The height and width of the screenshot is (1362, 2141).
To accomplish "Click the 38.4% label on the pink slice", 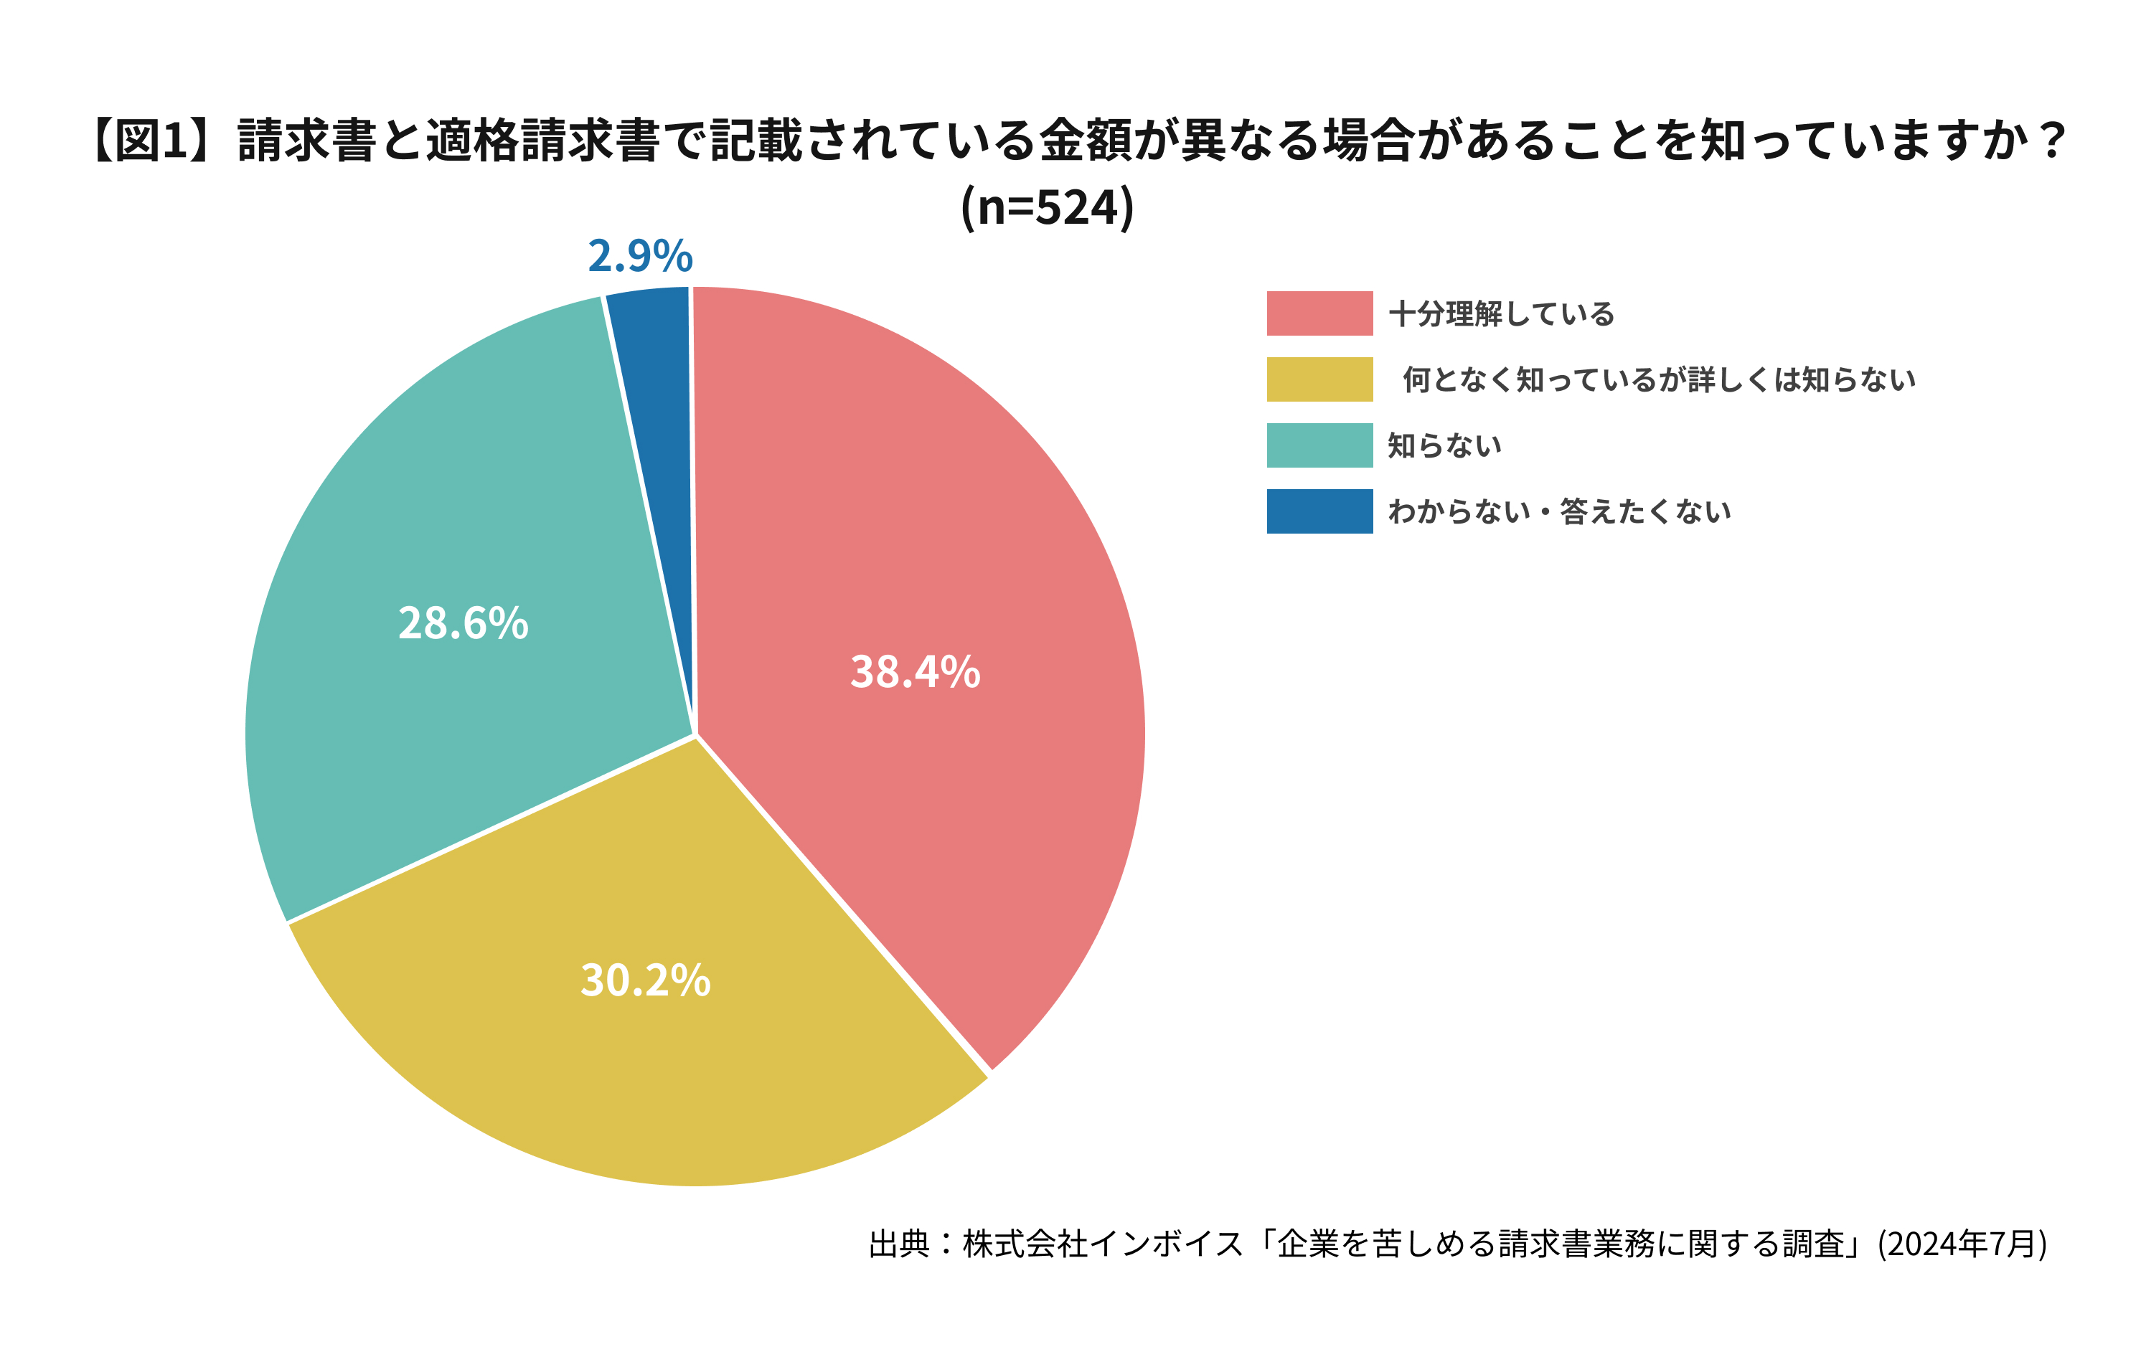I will point(915,672).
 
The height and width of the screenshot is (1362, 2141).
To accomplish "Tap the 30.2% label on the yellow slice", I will point(646,980).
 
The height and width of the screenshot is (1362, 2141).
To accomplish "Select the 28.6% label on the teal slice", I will point(464,623).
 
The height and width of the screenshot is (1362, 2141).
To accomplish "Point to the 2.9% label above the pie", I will point(640,256).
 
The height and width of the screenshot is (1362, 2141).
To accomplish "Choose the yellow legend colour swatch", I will point(1319,379).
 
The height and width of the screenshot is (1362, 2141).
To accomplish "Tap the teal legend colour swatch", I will point(1319,445).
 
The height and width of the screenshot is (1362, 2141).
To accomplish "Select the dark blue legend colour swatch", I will point(1319,511).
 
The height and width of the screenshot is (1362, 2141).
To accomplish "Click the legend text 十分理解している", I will point(1501,315).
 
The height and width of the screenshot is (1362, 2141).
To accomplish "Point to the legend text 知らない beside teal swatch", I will point(1445,445).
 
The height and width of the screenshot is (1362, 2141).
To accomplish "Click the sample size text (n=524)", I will point(1048,208).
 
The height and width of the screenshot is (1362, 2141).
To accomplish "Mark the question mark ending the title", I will point(2052,141).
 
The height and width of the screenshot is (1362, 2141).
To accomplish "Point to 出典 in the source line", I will point(899,1244).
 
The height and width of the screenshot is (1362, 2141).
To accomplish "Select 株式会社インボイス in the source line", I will point(1103,1244).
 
